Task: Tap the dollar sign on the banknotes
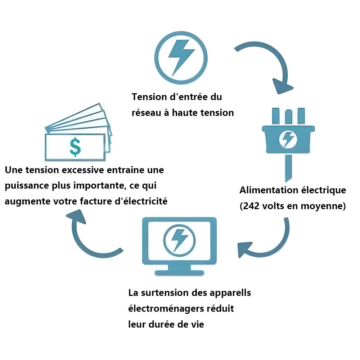[x=75, y=147]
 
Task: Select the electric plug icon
[x=288, y=139]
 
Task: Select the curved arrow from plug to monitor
[x=266, y=241]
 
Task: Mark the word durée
[x=163, y=324]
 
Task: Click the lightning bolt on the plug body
[x=288, y=138]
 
